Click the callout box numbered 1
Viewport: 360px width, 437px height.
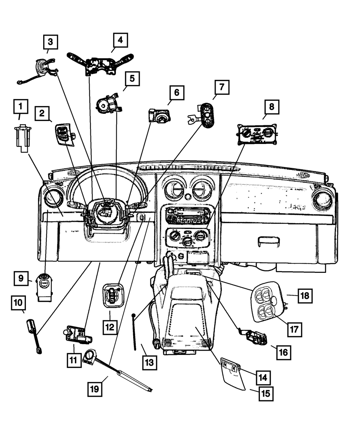click(21, 107)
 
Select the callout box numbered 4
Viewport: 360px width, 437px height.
click(120, 40)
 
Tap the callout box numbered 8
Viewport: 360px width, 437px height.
click(271, 107)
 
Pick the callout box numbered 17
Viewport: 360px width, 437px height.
click(294, 330)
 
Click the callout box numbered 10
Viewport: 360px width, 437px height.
click(18, 303)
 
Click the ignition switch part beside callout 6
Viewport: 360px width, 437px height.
click(159, 115)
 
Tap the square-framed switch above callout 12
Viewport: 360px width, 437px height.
click(113, 295)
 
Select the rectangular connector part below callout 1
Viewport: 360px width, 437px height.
click(23, 138)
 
